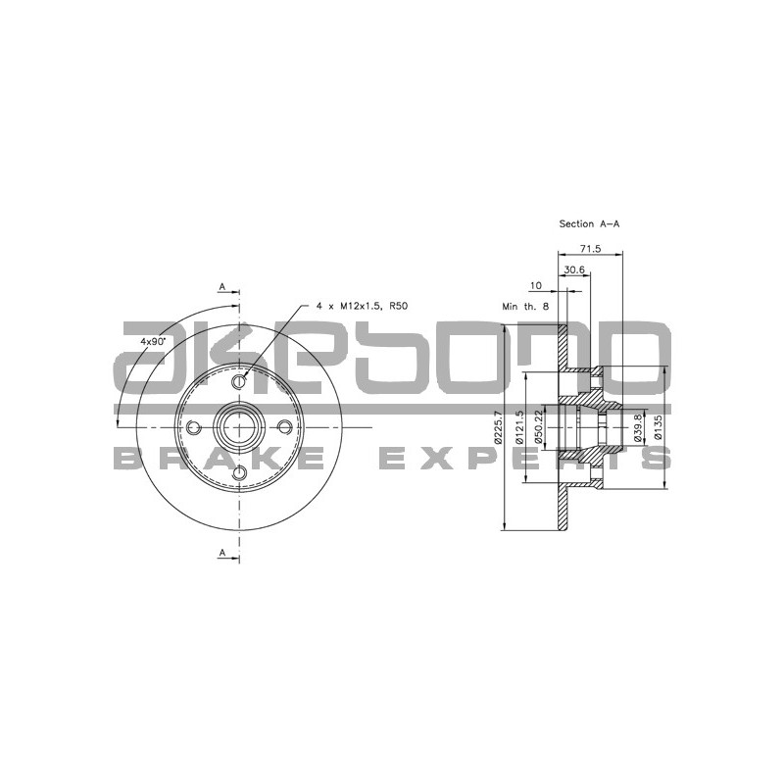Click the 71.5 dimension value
coord(591,249)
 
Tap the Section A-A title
coord(589,224)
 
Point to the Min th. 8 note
coord(525,307)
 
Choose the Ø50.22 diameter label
coord(541,428)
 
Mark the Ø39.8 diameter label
coord(637,428)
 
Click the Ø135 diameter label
coord(659,428)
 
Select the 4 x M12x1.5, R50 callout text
coord(362,307)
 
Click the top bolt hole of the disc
coord(239,380)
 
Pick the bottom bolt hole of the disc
coord(239,474)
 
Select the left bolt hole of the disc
coord(193,427)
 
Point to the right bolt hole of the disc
coord(285,427)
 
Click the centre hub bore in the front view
coord(239,427)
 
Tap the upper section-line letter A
coord(223,286)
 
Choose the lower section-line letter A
coord(223,554)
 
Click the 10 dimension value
coord(535,286)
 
